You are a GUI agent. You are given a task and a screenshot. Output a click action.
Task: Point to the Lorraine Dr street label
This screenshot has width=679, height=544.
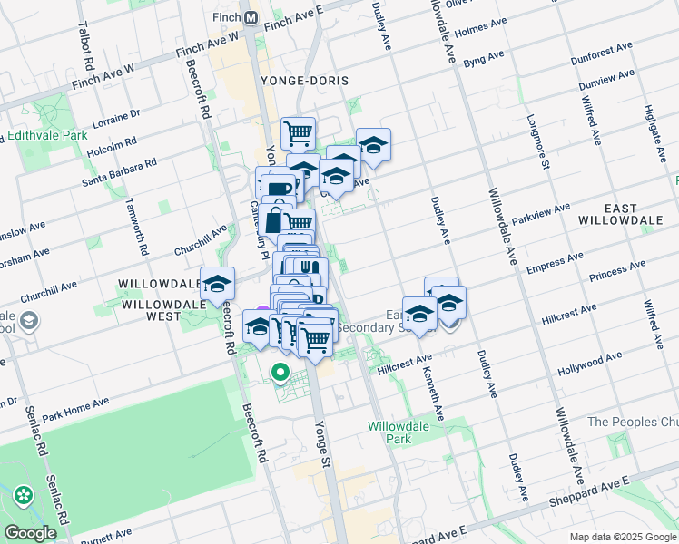tap(117, 117)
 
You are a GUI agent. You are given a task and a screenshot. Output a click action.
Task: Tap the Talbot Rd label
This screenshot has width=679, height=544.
tap(88, 47)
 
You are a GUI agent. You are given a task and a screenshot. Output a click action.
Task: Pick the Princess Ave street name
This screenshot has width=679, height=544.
tap(616, 269)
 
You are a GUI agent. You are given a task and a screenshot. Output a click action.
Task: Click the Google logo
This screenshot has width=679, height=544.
tap(30, 533)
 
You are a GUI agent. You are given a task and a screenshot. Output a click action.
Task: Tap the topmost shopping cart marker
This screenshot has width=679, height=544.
tap(298, 133)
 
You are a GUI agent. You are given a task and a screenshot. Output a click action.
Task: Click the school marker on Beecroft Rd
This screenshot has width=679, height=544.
tap(217, 284)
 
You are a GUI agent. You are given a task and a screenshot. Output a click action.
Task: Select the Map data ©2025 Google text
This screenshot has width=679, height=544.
tap(622, 537)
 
